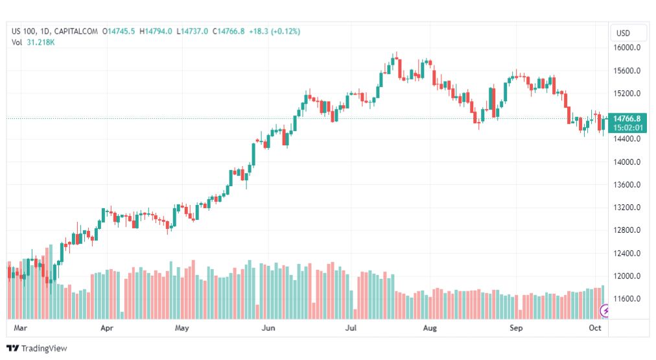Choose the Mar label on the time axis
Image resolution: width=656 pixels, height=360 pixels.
click(x=19, y=328)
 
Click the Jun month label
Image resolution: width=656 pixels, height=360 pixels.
click(x=267, y=328)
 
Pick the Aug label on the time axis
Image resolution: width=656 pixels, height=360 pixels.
click(x=430, y=328)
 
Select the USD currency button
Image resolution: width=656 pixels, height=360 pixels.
click(x=623, y=33)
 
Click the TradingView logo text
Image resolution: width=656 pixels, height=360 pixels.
click(x=43, y=349)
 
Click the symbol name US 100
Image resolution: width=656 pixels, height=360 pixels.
click(x=25, y=31)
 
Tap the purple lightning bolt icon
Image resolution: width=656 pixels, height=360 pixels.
click(x=605, y=311)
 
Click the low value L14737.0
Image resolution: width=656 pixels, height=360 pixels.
click(x=193, y=31)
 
